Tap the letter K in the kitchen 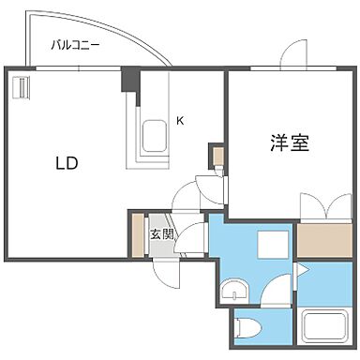click(x=180, y=120)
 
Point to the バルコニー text click(x=77, y=44)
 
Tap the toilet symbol click(x=247, y=327)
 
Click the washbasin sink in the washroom click(x=233, y=289)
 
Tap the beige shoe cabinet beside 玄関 click(x=137, y=236)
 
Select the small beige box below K click(x=216, y=155)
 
